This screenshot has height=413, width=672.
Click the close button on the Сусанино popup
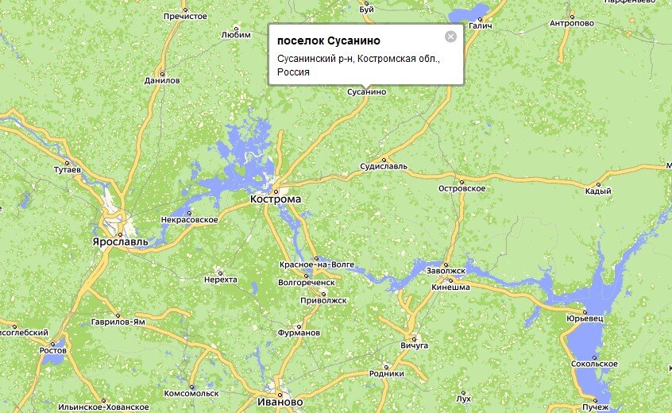tap(451, 37)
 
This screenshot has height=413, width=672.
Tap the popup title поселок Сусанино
tap(329, 41)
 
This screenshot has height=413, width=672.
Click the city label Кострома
tap(276, 199)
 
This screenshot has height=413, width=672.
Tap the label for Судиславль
tap(384, 167)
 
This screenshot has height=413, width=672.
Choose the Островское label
tap(462, 188)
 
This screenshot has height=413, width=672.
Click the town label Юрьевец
tap(585, 319)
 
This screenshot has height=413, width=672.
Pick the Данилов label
tap(163, 80)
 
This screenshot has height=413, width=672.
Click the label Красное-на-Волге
tap(316, 264)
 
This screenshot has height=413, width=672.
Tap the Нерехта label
tap(221, 280)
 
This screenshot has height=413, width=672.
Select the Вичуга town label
tap(415, 345)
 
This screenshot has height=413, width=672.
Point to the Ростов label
tap(53, 349)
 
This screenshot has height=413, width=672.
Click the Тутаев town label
tap(67, 171)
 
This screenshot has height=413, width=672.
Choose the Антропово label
tap(572, 23)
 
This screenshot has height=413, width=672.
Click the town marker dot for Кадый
tap(608, 181)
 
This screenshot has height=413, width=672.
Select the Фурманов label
tap(299, 333)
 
